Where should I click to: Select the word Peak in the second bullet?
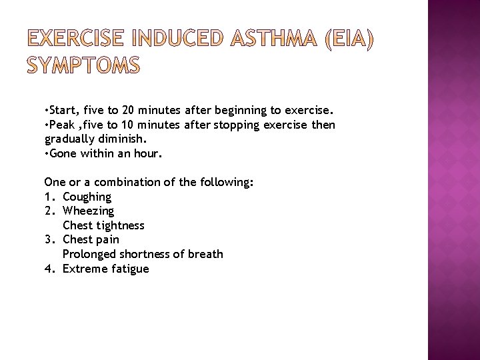(63, 125)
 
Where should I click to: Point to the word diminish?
(121, 139)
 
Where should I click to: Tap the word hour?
(149, 153)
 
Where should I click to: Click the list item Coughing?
(87, 197)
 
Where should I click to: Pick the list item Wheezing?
(88, 211)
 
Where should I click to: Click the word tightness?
(121, 225)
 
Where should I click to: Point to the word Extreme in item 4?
(84, 269)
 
